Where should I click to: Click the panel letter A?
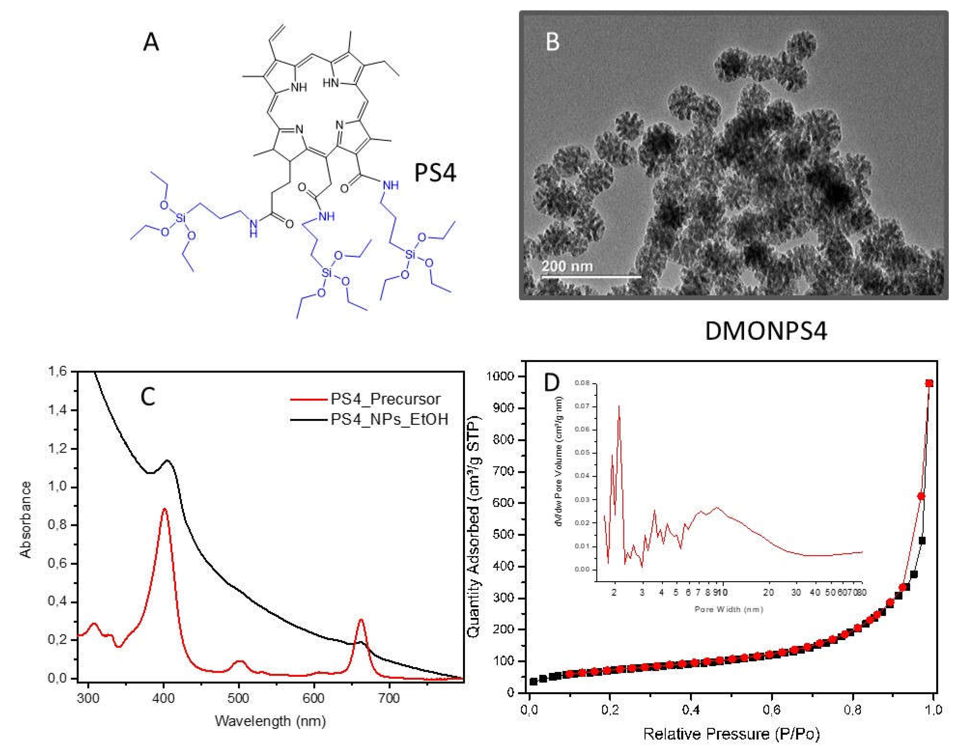(151, 43)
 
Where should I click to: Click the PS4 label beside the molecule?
(435, 173)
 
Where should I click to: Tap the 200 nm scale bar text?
(567, 266)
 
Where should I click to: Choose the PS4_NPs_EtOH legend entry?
(389, 419)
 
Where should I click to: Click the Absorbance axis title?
(27, 519)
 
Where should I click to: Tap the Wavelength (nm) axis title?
(270, 721)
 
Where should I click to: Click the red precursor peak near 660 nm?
(361, 620)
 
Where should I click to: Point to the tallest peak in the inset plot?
(619, 406)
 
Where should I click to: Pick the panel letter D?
(552, 383)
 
